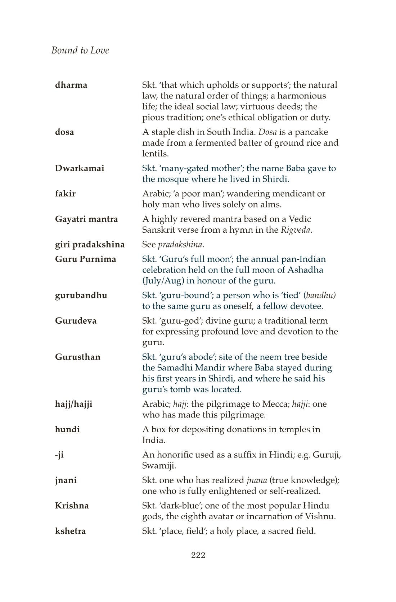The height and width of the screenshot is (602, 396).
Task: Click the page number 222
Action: pos(198,555)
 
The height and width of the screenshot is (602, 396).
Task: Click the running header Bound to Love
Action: pos(80,50)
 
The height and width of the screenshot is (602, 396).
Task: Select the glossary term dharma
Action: pos(71,85)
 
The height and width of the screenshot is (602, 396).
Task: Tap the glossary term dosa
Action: pos(64,132)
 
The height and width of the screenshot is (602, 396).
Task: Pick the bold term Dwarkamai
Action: pos(80,168)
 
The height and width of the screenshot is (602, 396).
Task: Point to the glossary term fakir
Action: pos(65,194)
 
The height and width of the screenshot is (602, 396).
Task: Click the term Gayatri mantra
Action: pos(86,219)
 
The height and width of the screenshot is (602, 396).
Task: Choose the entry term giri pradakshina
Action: pos(90,245)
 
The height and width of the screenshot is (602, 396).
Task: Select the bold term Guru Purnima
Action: pos(86,259)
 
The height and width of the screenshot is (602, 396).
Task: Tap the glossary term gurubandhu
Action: pos(81,296)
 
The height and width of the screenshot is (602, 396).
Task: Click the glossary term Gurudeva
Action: pos(76,321)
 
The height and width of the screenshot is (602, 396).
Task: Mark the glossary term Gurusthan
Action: pos(78,357)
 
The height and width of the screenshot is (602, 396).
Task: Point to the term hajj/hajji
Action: pos(73,404)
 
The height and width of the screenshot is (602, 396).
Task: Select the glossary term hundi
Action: pos(67,429)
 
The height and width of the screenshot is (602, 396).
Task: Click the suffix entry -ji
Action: pos(59,455)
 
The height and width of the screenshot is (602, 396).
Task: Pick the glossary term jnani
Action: pos(66,480)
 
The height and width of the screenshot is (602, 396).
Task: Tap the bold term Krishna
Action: pos(72,506)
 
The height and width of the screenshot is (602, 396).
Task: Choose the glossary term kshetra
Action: pos(70,531)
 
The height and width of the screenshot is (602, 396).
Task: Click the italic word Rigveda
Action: pos(296,230)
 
